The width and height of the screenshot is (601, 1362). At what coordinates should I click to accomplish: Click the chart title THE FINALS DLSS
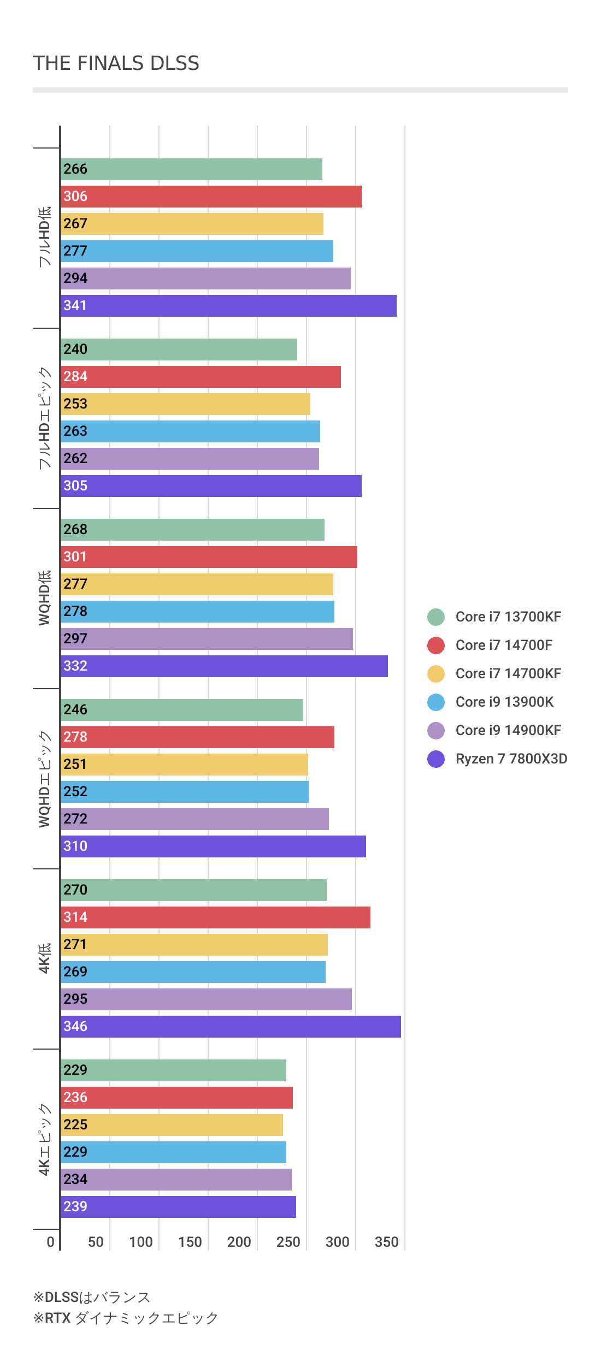[x=116, y=63]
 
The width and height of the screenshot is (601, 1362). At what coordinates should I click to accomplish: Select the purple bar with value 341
[x=228, y=306]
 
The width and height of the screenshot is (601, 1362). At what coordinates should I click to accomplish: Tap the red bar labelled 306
[x=211, y=197]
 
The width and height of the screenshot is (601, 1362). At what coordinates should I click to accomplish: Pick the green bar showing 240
[x=179, y=350]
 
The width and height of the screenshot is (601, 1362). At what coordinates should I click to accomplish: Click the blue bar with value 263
[x=190, y=431]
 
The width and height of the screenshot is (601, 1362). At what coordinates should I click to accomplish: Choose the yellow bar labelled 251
[x=184, y=765]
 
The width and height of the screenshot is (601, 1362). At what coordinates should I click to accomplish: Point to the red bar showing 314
[x=215, y=917]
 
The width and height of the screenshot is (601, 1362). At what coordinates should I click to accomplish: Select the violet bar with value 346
[x=231, y=1027]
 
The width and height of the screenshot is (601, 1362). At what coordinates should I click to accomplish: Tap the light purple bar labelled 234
[x=176, y=1180]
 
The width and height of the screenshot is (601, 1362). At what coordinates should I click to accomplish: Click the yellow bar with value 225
[x=172, y=1125]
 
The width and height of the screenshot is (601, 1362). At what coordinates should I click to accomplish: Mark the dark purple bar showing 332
[x=224, y=666]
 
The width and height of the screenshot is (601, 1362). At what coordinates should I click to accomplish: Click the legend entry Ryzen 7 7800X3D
[x=511, y=759]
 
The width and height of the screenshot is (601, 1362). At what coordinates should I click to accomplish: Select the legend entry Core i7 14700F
[x=503, y=646]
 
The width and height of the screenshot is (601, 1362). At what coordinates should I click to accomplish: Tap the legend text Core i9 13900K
[x=504, y=702]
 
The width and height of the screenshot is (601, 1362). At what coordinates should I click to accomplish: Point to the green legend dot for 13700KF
[x=436, y=617]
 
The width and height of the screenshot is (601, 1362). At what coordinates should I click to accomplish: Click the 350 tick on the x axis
[x=386, y=1242]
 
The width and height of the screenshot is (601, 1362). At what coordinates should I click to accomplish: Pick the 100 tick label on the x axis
[x=140, y=1242]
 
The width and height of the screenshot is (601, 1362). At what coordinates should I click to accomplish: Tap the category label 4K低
[x=45, y=958]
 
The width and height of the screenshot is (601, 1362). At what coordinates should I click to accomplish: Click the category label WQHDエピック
[x=45, y=779]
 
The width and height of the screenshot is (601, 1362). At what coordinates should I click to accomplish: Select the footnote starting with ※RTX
[x=126, y=1318]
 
